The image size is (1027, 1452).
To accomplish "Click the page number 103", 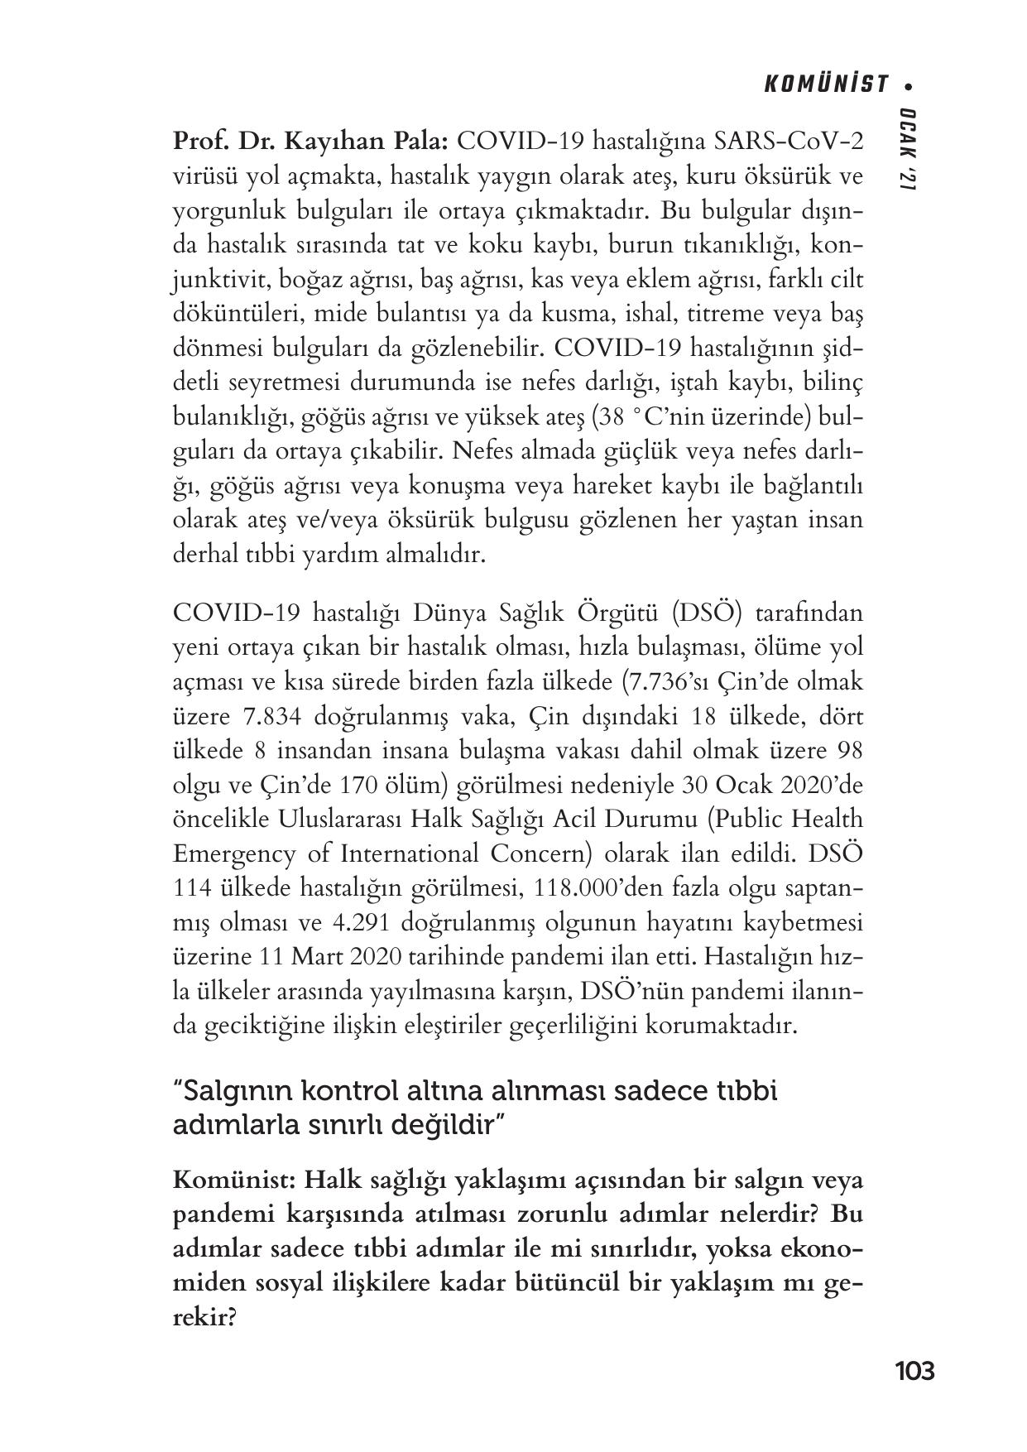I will coord(914,1371).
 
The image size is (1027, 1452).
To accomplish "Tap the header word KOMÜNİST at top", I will coord(825,84).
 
